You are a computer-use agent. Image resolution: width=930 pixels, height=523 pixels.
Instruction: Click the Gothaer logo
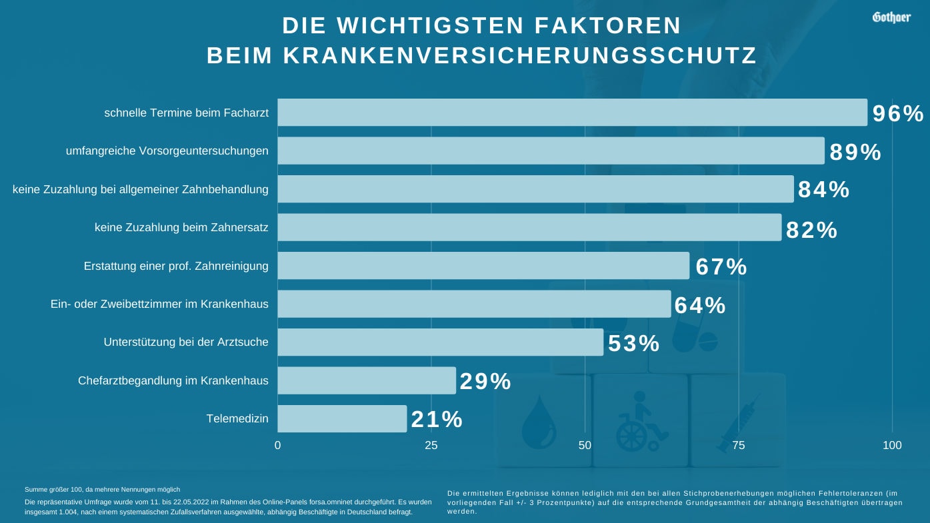coord(891,17)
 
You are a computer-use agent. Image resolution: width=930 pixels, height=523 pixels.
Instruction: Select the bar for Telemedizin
coord(342,419)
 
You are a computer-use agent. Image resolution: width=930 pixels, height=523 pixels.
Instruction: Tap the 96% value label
coord(898,114)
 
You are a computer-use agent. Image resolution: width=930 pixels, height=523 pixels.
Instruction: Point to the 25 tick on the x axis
coord(431,445)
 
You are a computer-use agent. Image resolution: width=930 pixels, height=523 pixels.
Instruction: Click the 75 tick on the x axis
coord(739,445)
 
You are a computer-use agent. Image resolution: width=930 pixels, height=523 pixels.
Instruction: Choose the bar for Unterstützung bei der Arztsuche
coord(440,342)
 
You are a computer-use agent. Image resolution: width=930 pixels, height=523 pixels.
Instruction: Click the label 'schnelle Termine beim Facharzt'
coord(186,113)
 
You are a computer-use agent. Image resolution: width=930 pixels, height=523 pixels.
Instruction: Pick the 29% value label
coord(485,381)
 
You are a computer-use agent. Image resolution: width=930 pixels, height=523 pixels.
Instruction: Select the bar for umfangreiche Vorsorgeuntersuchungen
coord(551,151)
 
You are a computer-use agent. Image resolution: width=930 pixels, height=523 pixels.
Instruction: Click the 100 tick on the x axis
coord(892,445)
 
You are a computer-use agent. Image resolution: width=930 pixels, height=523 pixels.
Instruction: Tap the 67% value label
coord(721,266)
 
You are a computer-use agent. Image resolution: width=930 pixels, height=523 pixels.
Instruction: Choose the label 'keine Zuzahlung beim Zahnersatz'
coord(181,227)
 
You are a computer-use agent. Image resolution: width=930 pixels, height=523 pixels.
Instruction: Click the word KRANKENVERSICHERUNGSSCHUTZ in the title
coord(520,56)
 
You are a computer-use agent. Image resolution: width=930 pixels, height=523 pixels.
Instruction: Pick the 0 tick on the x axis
coord(277,445)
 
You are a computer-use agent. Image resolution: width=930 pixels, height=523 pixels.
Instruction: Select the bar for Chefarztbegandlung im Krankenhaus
coord(367,380)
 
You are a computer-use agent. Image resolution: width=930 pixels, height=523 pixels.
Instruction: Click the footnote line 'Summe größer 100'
coord(102,490)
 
